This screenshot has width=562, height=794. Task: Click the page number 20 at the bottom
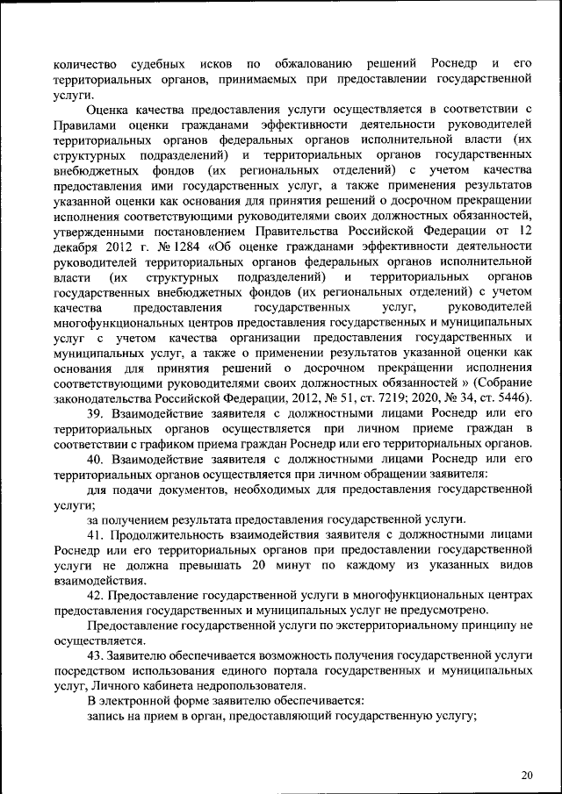527,776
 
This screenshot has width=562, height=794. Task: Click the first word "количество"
83,64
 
